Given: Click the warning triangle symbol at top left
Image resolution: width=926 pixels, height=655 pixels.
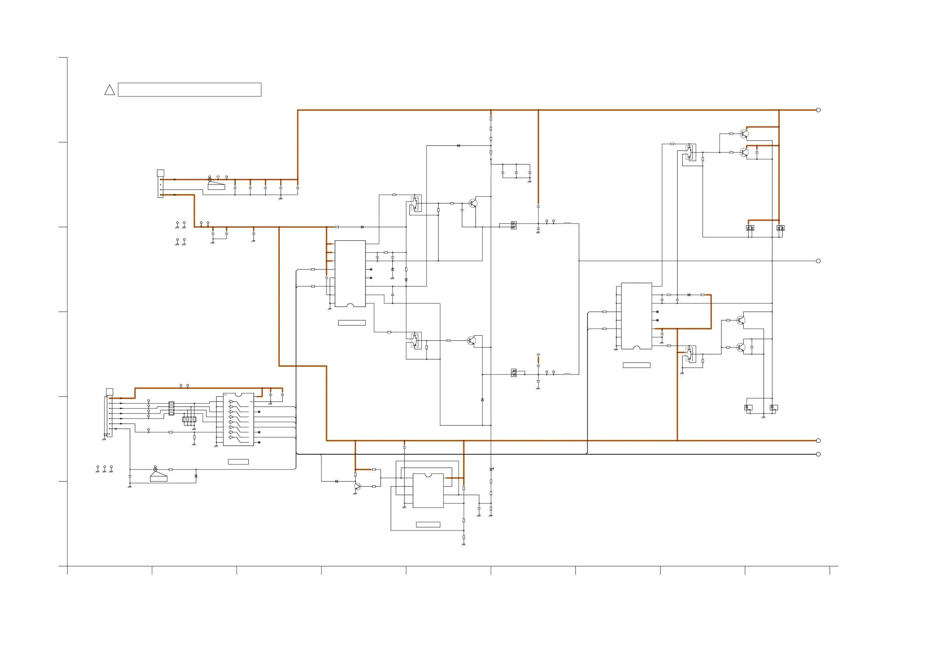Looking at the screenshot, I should tap(109, 90).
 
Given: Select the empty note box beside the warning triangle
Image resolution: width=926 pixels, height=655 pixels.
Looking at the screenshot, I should tap(189, 89).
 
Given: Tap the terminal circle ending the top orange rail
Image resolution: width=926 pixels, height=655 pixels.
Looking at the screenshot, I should tap(818, 110).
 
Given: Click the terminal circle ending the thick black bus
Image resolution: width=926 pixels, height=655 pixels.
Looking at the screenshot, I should tap(818, 454).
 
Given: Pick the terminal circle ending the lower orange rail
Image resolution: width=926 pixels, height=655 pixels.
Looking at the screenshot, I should tap(818, 441).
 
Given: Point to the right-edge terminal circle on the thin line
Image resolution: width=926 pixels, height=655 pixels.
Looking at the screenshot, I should tap(818, 261).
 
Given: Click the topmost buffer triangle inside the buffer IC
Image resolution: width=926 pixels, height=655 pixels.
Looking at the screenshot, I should tap(231, 402).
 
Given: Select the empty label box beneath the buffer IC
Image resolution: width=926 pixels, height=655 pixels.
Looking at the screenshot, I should tap(238, 462).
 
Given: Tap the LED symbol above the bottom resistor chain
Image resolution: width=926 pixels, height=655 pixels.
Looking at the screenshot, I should tap(491, 469).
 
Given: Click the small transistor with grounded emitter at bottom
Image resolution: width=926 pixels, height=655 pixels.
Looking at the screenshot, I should tap(357, 487).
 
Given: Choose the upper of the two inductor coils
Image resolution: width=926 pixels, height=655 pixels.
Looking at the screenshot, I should tap(567, 223).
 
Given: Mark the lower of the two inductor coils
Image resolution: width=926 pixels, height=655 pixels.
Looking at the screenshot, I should tap(567, 374).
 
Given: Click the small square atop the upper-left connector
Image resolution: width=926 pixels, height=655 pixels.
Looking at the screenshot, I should tap(160, 173).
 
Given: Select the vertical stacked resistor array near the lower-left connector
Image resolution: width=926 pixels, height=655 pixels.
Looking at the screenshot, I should tap(171, 408).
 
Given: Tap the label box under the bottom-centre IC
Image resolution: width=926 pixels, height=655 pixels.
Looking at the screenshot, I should tap(428, 525).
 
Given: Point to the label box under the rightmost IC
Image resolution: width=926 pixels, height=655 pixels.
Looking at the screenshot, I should tap(636, 365).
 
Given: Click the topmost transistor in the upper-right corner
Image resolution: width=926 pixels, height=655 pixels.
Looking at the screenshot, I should tap(744, 133).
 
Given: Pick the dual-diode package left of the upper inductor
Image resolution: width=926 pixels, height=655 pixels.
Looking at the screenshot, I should tap(514, 225).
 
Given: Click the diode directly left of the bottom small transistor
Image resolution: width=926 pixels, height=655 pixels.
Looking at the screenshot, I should tap(336, 481).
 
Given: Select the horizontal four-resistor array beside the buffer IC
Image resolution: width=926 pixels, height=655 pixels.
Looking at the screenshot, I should tap(189, 419).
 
